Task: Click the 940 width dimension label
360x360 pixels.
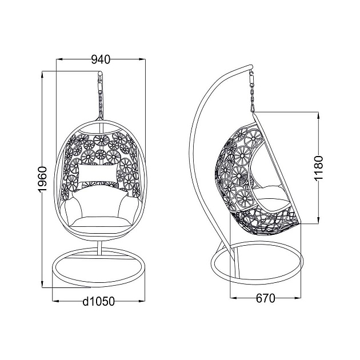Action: point(101,59)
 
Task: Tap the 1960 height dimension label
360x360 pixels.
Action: point(42,179)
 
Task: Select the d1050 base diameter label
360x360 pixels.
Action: point(98,301)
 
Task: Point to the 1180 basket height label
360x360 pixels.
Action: point(318,169)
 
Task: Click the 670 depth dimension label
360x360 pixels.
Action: point(265,298)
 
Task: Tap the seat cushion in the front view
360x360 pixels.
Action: point(101,222)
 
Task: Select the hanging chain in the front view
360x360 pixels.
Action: point(101,97)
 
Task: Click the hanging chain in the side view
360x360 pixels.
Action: point(252,91)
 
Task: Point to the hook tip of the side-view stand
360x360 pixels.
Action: point(251,67)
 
